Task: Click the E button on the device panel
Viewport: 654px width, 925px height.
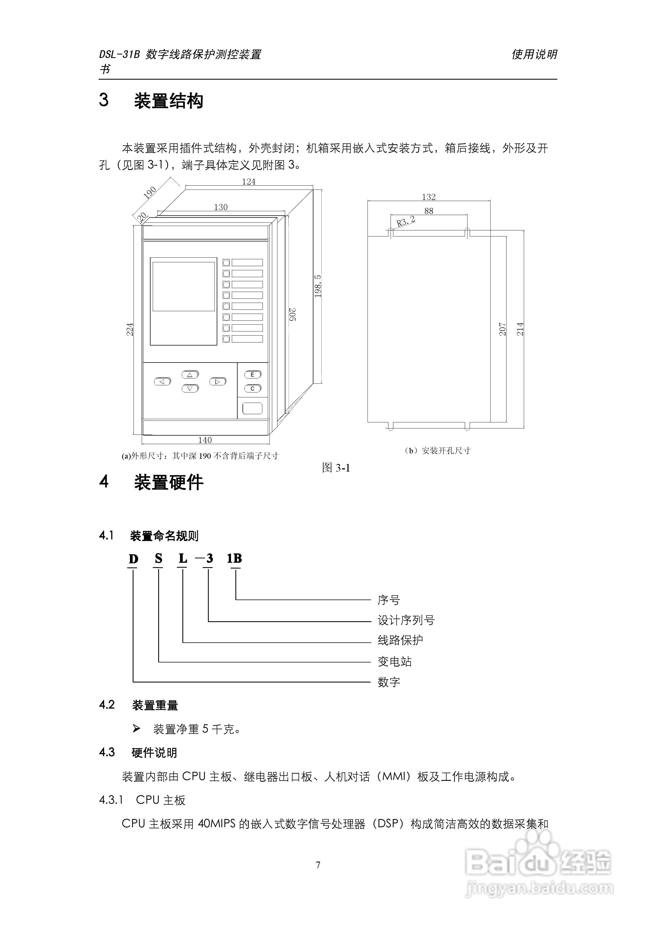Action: click(253, 375)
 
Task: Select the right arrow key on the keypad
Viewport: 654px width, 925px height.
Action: click(218, 381)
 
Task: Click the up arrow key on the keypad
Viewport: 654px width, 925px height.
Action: click(190, 375)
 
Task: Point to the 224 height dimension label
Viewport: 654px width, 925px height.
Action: click(130, 329)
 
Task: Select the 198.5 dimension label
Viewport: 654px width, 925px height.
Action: click(318, 286)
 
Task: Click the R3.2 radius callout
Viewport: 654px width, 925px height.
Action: click(405, 221)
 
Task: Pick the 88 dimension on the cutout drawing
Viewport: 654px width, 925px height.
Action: click(429, 211)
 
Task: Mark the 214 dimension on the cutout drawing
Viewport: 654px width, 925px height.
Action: click(520, 329)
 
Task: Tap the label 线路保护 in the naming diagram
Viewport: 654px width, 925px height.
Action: click(400, 640)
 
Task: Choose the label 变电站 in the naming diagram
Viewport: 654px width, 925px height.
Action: click(394, 662)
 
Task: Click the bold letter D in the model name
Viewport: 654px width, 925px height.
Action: click(133, 559)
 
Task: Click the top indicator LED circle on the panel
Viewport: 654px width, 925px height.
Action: click(226, 263)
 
